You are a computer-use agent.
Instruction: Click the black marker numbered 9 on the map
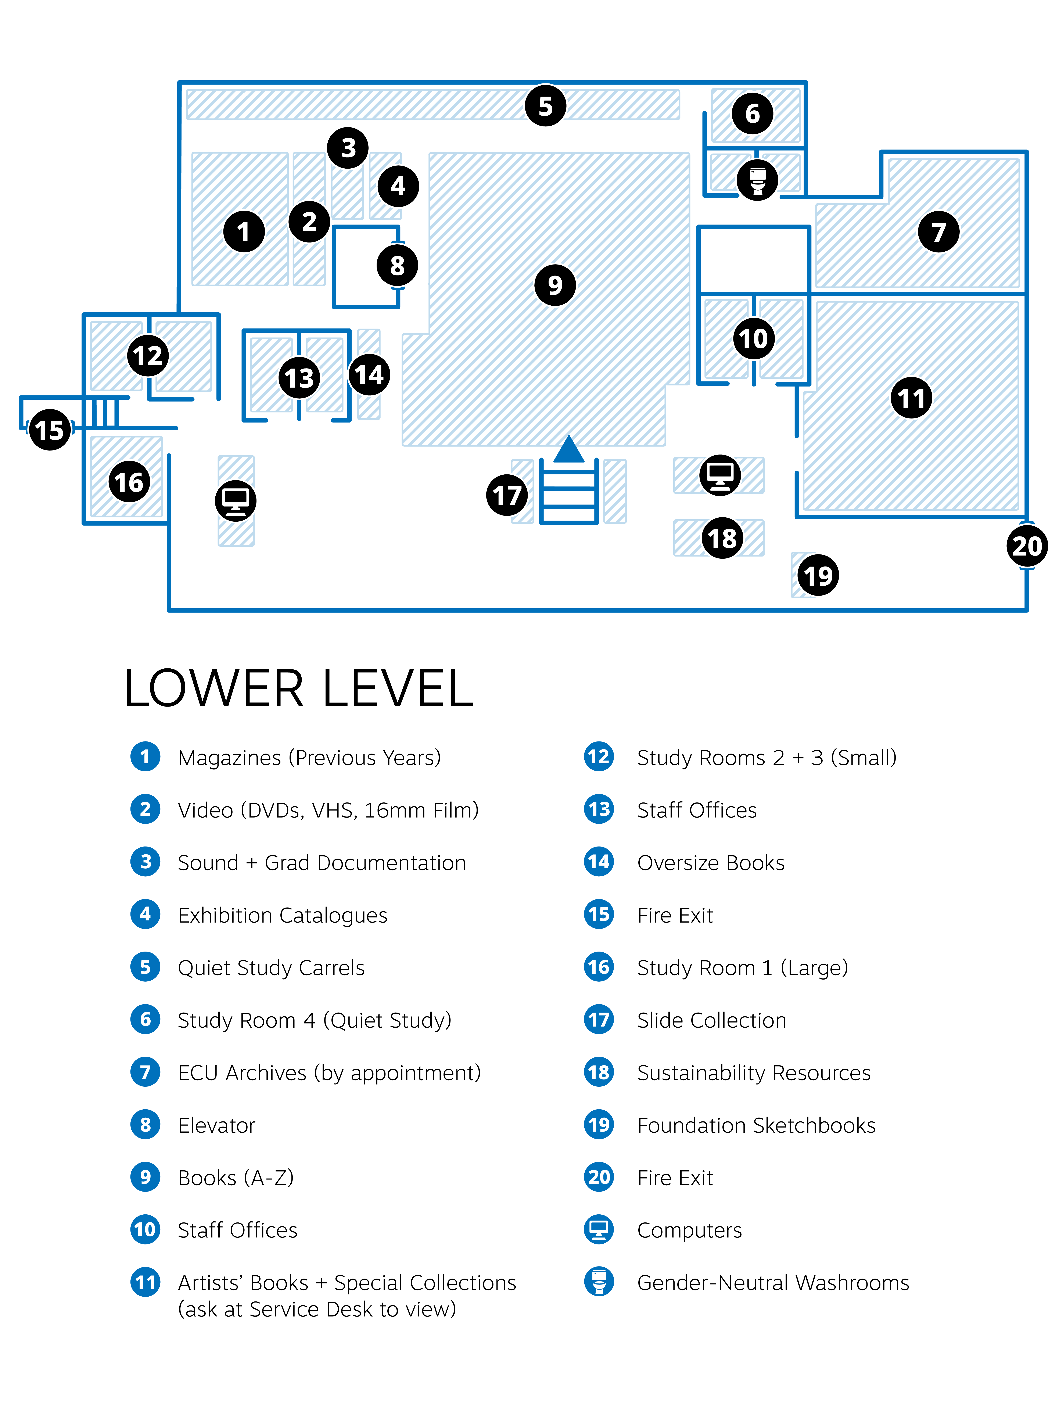(555, 285)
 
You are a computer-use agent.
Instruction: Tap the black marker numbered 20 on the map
(1026, 546)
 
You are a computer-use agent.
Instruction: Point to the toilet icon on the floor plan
(757, 180)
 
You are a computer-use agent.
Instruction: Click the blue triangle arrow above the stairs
(569, 449)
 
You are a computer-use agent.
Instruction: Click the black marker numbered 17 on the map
(507, 495)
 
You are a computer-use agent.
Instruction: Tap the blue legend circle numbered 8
(146, 1125)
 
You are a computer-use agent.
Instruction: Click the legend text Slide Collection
(711, 1020)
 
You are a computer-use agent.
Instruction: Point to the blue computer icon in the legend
(599, 1229)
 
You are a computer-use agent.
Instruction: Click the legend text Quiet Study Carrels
(271, 968)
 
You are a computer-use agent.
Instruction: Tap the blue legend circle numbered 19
(599, 1125)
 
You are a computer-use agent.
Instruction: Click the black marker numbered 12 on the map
(148, 356)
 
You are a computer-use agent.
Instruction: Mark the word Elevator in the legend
(216, 1125)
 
